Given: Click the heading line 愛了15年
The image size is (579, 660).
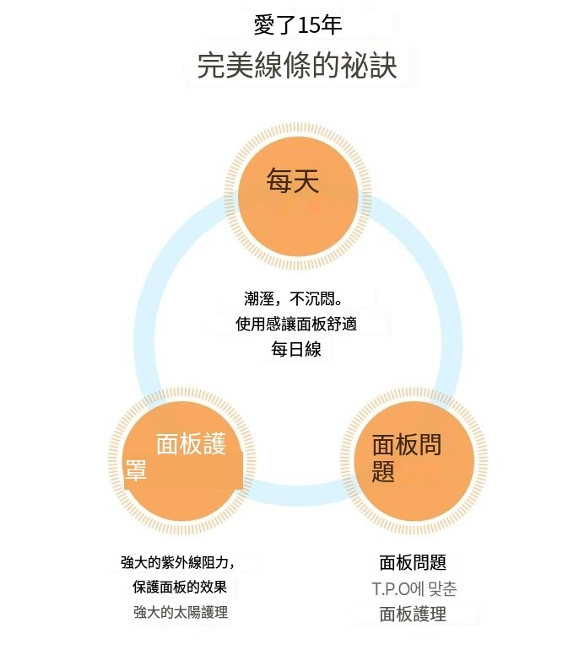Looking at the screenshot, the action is [298, 25].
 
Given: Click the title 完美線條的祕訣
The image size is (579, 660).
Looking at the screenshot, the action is [297, 66].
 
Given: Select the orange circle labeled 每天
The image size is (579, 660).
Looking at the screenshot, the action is [293, 196].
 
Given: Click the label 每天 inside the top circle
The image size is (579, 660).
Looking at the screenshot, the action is [293, 181].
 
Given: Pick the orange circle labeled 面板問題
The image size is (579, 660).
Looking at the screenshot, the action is [413, 460].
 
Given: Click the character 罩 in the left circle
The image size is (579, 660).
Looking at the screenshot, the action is [137, 471].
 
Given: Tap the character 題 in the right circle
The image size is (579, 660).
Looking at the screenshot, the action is [383, 471].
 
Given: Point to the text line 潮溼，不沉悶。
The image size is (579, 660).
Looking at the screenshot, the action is [296, 299].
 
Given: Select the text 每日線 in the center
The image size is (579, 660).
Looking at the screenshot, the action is [295, 349].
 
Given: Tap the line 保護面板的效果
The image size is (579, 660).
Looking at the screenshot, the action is [180, 588].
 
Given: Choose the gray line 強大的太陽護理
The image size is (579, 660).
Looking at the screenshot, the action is [181, 613].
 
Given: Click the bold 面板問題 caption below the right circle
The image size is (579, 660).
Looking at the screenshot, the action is [413, 563].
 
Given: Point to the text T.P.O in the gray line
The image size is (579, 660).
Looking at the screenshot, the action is [391, 588].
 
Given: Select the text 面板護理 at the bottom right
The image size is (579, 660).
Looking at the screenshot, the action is [413, 614].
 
